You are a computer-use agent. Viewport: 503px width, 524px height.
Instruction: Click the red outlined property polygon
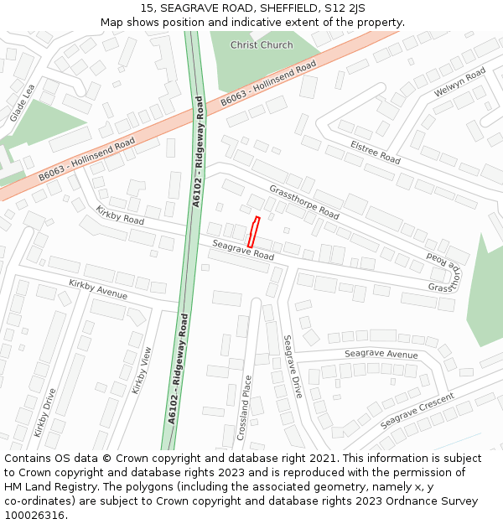point(253,231)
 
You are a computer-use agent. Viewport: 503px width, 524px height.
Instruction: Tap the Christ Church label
point(262,45)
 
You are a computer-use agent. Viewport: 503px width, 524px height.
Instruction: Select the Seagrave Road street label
point(243,249)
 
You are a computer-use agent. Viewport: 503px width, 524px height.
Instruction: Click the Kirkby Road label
point(120,215)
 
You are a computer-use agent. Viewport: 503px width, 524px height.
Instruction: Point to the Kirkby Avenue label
point(98,289)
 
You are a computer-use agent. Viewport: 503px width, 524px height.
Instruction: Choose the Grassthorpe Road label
point(303,202)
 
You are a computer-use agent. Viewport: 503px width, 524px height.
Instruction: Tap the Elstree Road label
point(375,152)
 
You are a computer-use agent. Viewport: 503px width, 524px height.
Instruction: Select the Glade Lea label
point(22,102)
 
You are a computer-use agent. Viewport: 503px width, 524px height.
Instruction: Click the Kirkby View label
point(142,371)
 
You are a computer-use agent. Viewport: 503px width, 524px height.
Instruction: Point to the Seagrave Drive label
point(293,366)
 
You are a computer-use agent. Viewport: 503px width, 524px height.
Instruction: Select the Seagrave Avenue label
point(381,354)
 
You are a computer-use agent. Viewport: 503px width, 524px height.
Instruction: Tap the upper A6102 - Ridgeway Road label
point(199,152)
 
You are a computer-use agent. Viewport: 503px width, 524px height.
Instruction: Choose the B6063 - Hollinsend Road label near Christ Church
point(268,84)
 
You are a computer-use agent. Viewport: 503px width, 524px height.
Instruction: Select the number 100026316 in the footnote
point(34,515)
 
